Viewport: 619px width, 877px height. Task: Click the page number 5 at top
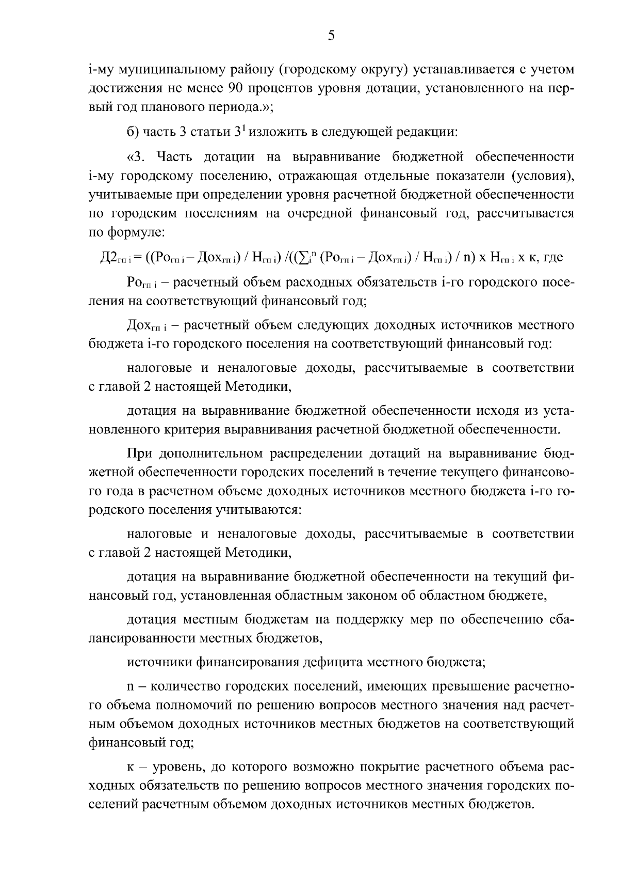point(331,36)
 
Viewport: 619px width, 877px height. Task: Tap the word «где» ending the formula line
point(552,257)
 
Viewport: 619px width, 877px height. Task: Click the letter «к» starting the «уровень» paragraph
point(129,767)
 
